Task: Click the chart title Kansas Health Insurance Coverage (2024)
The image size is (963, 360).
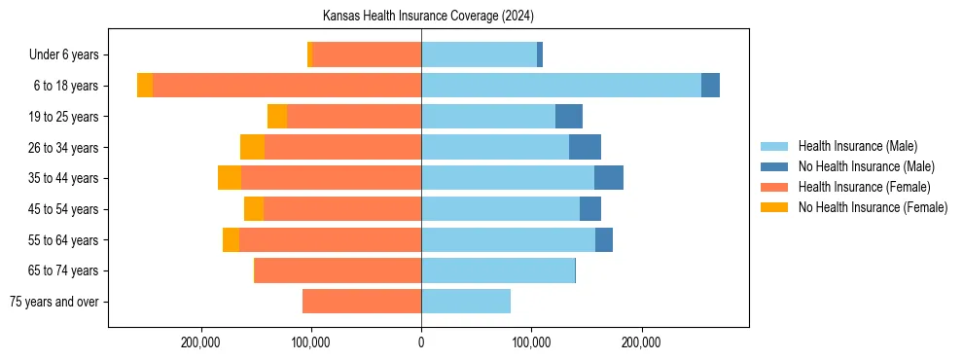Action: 428,17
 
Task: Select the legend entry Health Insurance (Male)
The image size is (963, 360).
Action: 857,146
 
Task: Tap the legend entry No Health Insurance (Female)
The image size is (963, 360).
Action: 873,207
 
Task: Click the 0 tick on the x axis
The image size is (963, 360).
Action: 421,342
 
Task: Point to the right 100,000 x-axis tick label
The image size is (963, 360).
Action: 531,342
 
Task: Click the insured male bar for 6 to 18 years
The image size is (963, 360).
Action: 561,86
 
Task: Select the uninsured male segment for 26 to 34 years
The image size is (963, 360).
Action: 585,147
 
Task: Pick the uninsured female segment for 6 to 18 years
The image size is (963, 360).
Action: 145,86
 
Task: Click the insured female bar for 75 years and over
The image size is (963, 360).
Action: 362,302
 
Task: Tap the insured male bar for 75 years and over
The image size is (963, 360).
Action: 466,302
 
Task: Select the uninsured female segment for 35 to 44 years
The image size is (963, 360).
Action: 230,178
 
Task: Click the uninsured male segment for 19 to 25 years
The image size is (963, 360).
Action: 569,117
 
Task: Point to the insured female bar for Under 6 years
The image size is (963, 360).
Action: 367,55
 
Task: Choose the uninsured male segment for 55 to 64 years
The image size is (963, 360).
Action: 604,239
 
